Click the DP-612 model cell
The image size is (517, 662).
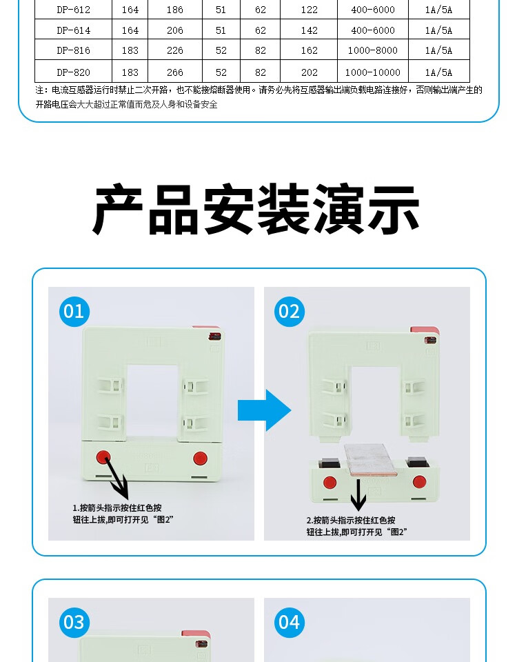[74, 10]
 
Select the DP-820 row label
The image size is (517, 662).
[74, 72]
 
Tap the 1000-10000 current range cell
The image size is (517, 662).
[373, 72]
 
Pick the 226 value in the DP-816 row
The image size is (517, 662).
[174, 50]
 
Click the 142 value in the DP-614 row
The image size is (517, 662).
[310, 30]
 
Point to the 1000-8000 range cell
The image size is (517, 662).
[373, 50]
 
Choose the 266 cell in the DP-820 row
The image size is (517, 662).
[174, 72]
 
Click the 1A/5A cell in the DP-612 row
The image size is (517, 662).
[438, 10]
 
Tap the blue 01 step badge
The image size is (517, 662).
[74, 312]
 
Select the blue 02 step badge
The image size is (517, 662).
[290, 312]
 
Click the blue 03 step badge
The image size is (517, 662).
[74, 622]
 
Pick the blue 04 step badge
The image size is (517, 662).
[290, 622]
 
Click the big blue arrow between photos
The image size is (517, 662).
[265, 410]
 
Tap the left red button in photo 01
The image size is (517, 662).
[103, 458]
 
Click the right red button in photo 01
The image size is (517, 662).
[200, 459]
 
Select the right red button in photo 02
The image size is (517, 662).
[420, 482]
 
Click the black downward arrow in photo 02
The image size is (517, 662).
[358, 495]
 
